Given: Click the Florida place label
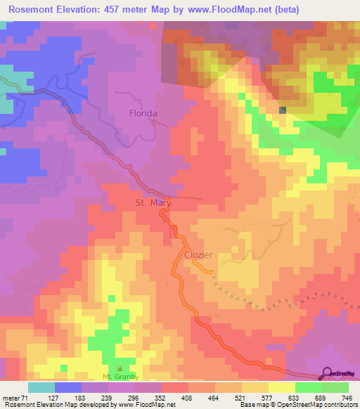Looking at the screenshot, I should (x=143, y=112).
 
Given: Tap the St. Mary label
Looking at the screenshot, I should (x=153, y=203).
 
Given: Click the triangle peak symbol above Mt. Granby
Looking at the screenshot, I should (x=119, y=368).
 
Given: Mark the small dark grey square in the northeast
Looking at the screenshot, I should (x=283, y=110).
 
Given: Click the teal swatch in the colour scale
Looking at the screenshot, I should (x=41, y=387).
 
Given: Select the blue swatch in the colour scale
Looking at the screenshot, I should (x=68, y=387).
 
